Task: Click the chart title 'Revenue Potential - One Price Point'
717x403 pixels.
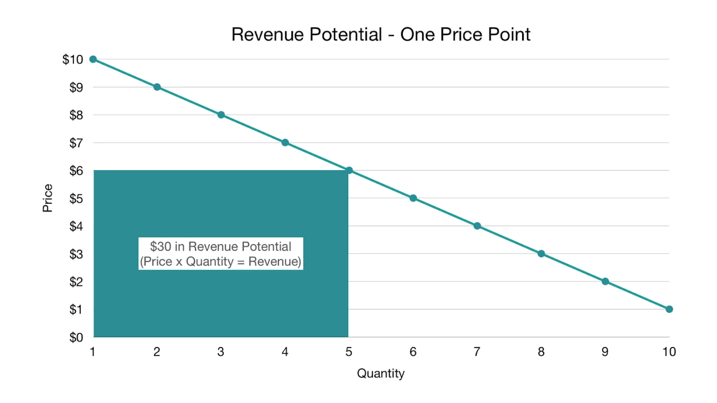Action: coord(381,34)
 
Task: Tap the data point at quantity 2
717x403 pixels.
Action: coord(157,87)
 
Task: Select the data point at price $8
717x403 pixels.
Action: coord(221,115)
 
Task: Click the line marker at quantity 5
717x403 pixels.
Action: coord(349,170)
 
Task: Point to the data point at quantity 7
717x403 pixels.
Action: coord(477,226)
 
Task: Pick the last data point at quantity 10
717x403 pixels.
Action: coord(669,309)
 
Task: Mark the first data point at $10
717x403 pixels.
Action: coord(93,59)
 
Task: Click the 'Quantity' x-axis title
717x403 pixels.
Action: coord(381,373)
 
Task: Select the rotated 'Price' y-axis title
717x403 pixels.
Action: coord(48,198)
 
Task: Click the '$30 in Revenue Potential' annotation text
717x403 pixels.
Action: coord(221,247)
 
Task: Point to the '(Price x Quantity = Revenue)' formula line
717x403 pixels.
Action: coord(221,262)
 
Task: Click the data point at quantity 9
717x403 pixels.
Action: coord(605,281)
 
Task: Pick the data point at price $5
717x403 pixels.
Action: coord(413,198)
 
